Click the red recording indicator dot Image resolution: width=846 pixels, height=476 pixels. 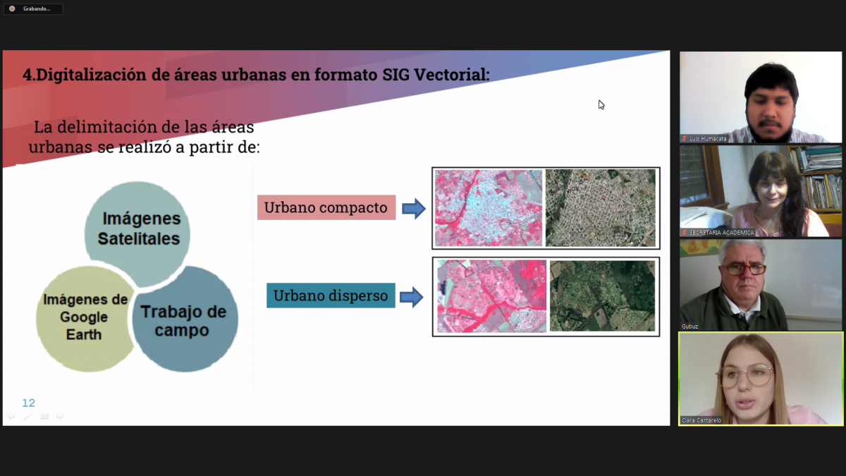tap(12, 8)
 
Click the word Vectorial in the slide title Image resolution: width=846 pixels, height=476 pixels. tap(452, 75)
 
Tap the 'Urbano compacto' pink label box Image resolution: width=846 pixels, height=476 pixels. tap(326, 207)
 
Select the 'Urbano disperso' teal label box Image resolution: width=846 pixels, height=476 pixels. tap(331, 295)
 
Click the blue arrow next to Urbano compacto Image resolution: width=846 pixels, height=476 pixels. tap(414, 209)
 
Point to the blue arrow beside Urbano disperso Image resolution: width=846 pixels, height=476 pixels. tap(411, 297)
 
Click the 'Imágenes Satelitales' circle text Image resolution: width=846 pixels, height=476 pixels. tap(140, 228)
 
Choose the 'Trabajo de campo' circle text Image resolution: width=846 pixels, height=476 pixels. tap(183, 321)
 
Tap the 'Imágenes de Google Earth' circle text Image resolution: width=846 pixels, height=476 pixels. tap(85, 317)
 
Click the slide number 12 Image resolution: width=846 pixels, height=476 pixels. tap(29, 403)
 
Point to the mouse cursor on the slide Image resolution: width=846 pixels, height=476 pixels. tap(601, 104)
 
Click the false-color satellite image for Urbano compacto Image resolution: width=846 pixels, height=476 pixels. tap(489, 208)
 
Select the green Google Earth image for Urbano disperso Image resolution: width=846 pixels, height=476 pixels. tap(602, 295)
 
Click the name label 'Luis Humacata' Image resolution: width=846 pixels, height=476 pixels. tap(708, 139)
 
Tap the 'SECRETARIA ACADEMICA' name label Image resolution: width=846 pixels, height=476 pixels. tap(721, 233)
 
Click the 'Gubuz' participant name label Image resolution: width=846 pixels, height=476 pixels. tap(689, 327)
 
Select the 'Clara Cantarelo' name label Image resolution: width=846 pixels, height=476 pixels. tap(701, 420)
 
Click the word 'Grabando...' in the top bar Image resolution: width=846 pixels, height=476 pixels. tap(37, 8)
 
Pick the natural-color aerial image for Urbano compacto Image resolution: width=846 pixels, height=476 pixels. tap(601, 208)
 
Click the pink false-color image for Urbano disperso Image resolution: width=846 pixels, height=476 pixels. tap(492, 296)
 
